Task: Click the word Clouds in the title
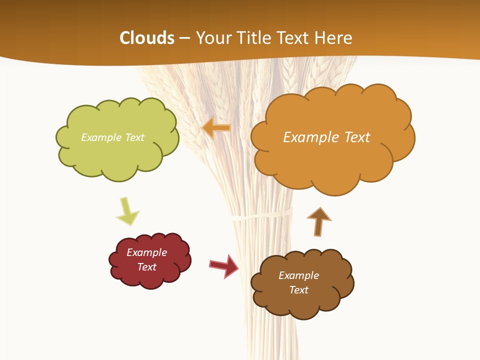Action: [147, 38]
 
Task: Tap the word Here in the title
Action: [334, 38]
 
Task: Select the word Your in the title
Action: [212, 38]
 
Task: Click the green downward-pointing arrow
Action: [127, 211]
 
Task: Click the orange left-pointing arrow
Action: [216, 128]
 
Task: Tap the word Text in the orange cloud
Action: [356, 137]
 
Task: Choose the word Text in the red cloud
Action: [147, 267]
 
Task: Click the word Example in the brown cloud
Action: [298, 275]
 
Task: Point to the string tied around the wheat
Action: [261, 215]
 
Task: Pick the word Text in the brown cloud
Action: [298, 290]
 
